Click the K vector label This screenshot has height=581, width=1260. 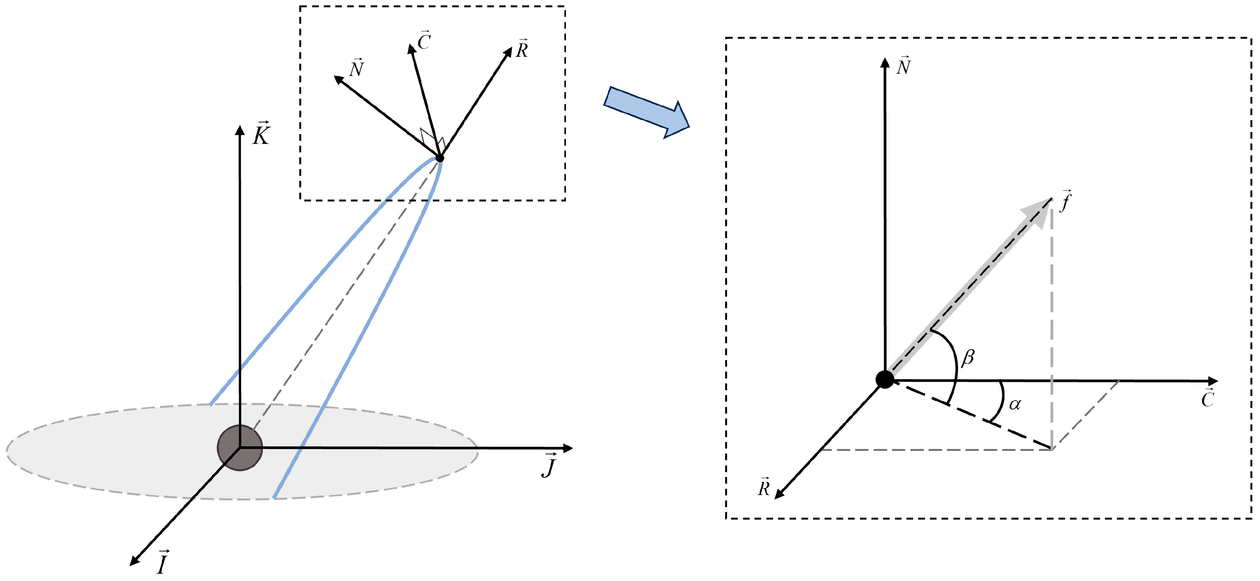tap(261, 133)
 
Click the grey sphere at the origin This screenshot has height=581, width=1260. tap(240, 448)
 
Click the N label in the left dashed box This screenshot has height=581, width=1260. tap(356, 68)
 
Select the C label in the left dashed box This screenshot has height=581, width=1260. tap(424, 41)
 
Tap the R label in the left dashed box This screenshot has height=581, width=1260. tap(522, 48)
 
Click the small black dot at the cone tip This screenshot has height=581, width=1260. tap(439, 158)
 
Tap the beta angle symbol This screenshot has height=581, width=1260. tap(968, 358)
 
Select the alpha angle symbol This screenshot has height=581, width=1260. tap(1015, 404)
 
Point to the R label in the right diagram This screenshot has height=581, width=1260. tap(764, 487)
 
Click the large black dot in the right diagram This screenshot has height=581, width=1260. tap(884, 380)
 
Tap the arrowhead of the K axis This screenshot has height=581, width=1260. tap(240, 130)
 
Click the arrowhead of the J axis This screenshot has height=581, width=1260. tap(568, 447)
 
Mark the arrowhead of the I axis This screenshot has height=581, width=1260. tap(134, 561)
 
